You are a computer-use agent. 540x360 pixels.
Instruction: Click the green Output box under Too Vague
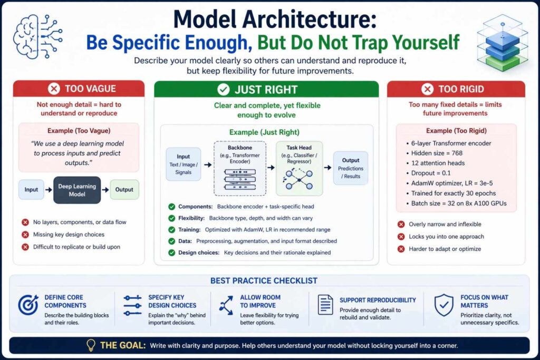point(124,189)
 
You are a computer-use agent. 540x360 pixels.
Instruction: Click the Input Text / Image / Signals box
point(183,164)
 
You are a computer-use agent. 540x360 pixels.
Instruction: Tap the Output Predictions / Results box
point(351,168)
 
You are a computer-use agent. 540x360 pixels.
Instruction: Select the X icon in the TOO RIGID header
point(428,89)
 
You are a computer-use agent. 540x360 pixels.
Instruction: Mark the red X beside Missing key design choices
point(25,235)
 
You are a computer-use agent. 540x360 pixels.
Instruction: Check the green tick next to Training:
point(171,230)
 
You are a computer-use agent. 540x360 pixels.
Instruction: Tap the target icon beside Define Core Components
point(28,305)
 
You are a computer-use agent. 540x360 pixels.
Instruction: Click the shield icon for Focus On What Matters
point(443,305)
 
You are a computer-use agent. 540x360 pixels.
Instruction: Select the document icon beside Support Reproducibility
point(325,305)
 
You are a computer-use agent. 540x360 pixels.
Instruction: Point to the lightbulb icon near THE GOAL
point(91,345)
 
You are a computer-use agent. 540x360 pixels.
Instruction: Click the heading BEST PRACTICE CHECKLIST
point(264,280)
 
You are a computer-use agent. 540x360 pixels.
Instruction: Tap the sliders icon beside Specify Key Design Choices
point(132,305)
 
